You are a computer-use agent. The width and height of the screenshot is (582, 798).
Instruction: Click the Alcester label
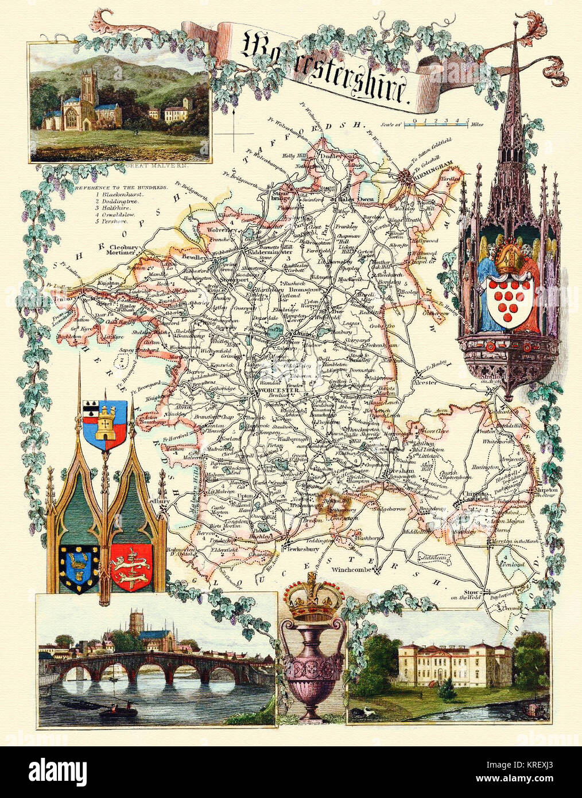point(426,382)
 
